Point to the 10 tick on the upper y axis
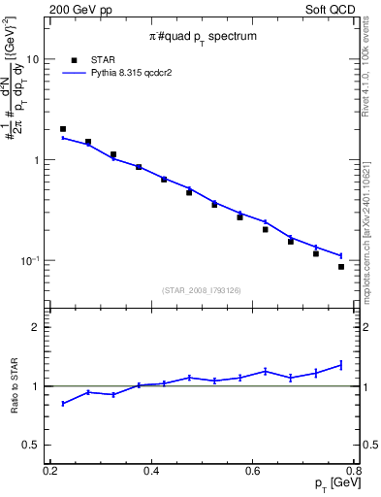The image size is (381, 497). point(34,59)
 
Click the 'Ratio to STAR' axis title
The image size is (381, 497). point(14,385)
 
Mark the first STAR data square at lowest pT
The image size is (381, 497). point(63,129)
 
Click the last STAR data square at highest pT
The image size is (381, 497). point(341,267)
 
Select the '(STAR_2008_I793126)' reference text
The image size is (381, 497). point(202,289)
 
